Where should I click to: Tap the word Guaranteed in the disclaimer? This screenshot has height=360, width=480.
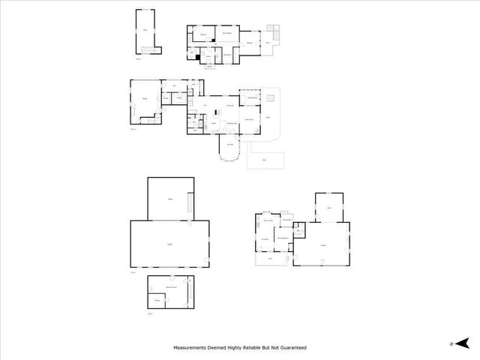coord(292,348)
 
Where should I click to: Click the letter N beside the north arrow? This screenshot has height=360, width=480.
coord(451,343)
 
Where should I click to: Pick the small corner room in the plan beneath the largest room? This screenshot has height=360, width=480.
coord(157,299)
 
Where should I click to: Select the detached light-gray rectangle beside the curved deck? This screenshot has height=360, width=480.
coord(265,160)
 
